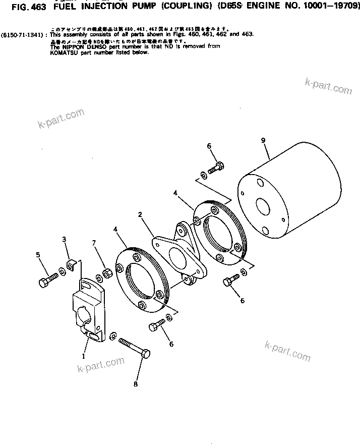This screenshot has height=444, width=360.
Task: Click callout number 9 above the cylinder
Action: coord(263,140)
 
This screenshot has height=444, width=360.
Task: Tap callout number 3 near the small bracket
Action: coord(64,239)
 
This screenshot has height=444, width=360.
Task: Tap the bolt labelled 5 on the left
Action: coord(48,280)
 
